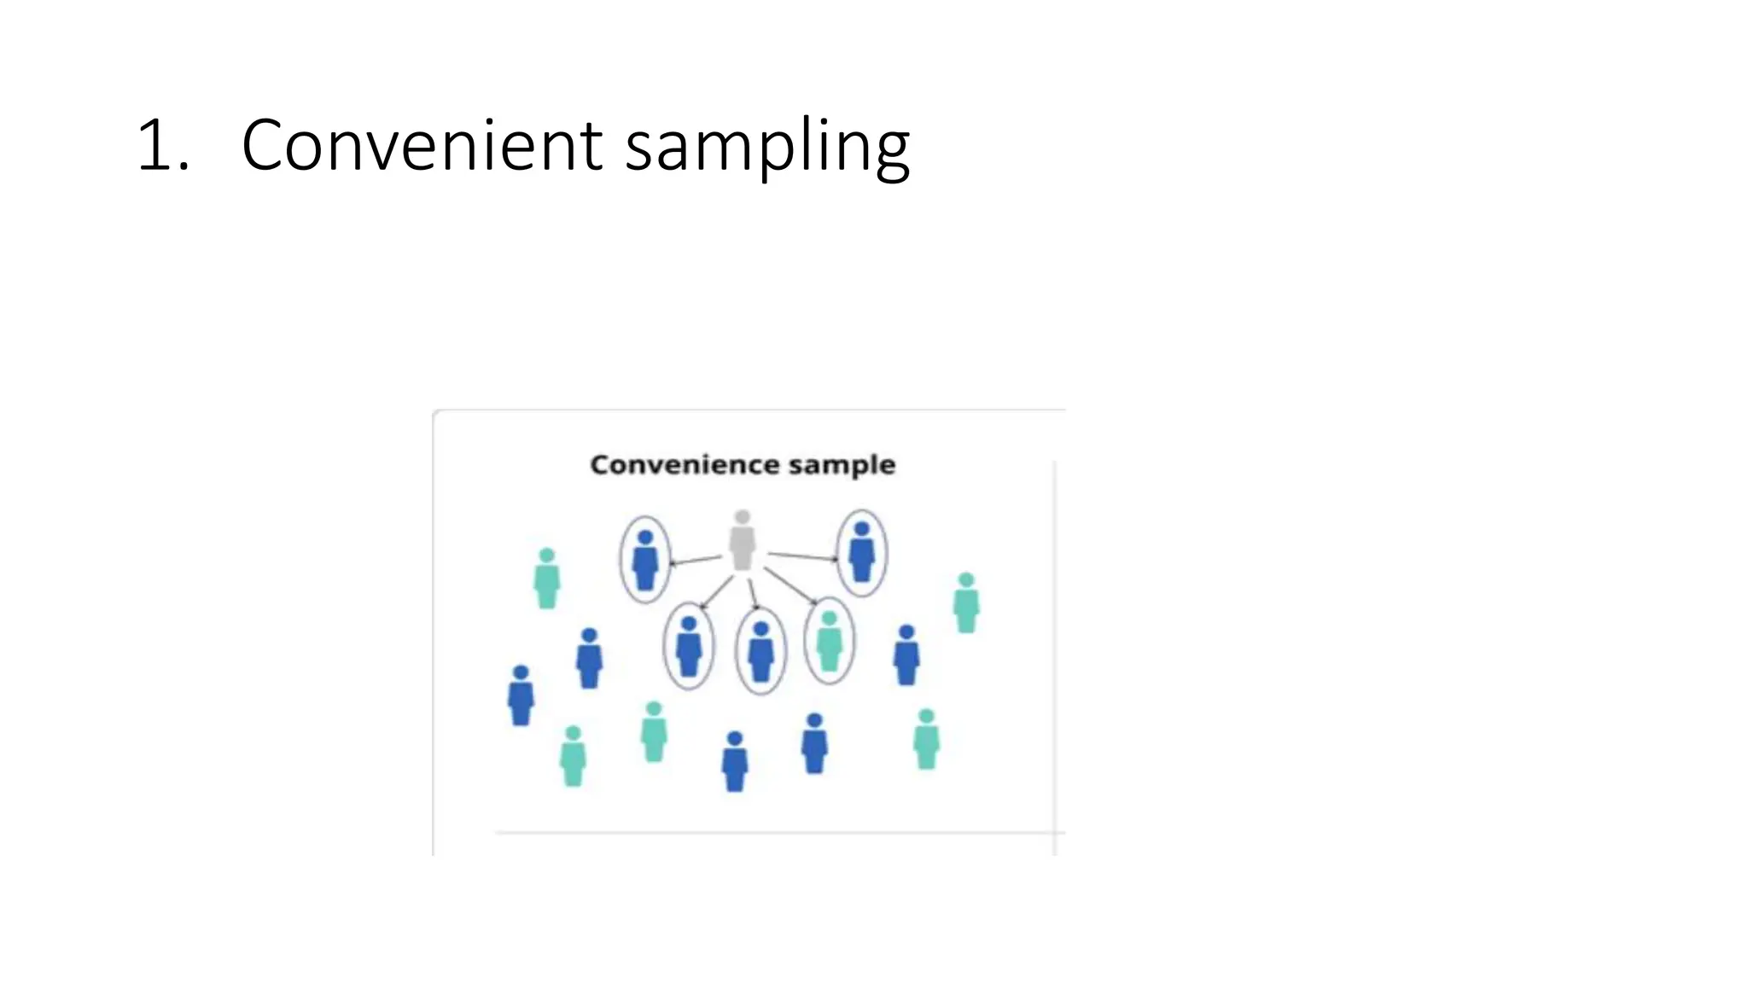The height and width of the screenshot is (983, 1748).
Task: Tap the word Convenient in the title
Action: tap(422, 145)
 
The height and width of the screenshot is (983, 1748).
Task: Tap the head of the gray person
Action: tap(742, 517)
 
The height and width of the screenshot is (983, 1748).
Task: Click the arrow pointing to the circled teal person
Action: tap(790, 586)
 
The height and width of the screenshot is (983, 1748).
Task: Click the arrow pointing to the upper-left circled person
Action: tap(695, 561)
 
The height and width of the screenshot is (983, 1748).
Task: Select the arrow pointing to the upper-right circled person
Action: tap(802, 557)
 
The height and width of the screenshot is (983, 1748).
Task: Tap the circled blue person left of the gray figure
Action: tap(645, 561)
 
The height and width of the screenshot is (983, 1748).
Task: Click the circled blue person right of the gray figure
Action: tap(862, 553)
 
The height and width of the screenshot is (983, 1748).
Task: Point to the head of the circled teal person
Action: tap(829, 618)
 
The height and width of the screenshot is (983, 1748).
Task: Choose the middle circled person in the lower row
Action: tap(760, 652)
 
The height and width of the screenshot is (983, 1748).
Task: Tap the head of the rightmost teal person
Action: tap(966, 580)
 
